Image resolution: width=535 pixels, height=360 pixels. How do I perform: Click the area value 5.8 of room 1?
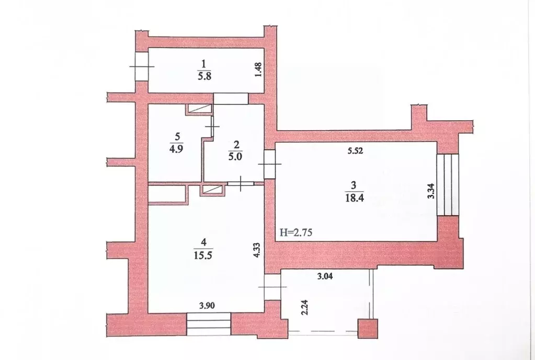click(204, 75)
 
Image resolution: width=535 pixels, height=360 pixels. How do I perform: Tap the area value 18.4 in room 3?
click(353, 198)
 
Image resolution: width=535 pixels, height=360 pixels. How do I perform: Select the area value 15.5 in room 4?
click(203, 255)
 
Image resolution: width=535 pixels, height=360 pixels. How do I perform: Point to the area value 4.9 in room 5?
click(177, 149)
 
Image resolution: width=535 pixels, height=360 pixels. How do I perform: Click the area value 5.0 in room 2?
click(235, 157)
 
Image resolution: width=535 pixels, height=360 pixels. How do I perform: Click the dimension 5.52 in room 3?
click(355, 150)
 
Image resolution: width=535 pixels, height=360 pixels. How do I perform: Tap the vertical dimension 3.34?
click(431, 192)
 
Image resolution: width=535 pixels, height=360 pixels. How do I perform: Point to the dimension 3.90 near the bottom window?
click(207, 306)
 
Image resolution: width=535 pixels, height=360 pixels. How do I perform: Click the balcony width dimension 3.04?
click(325, 276)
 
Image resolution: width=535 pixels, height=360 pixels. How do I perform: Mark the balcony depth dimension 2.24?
click(305, 307)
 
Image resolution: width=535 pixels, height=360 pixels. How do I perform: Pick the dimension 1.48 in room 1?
click(258, 69)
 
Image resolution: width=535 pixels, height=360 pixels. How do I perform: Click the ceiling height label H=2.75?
click(296, 233)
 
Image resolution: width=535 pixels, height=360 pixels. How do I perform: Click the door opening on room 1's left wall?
click(142, 66)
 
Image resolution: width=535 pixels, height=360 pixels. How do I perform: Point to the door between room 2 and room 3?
click(269, 164)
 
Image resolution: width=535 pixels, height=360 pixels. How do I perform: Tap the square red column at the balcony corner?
click(368, 329)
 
